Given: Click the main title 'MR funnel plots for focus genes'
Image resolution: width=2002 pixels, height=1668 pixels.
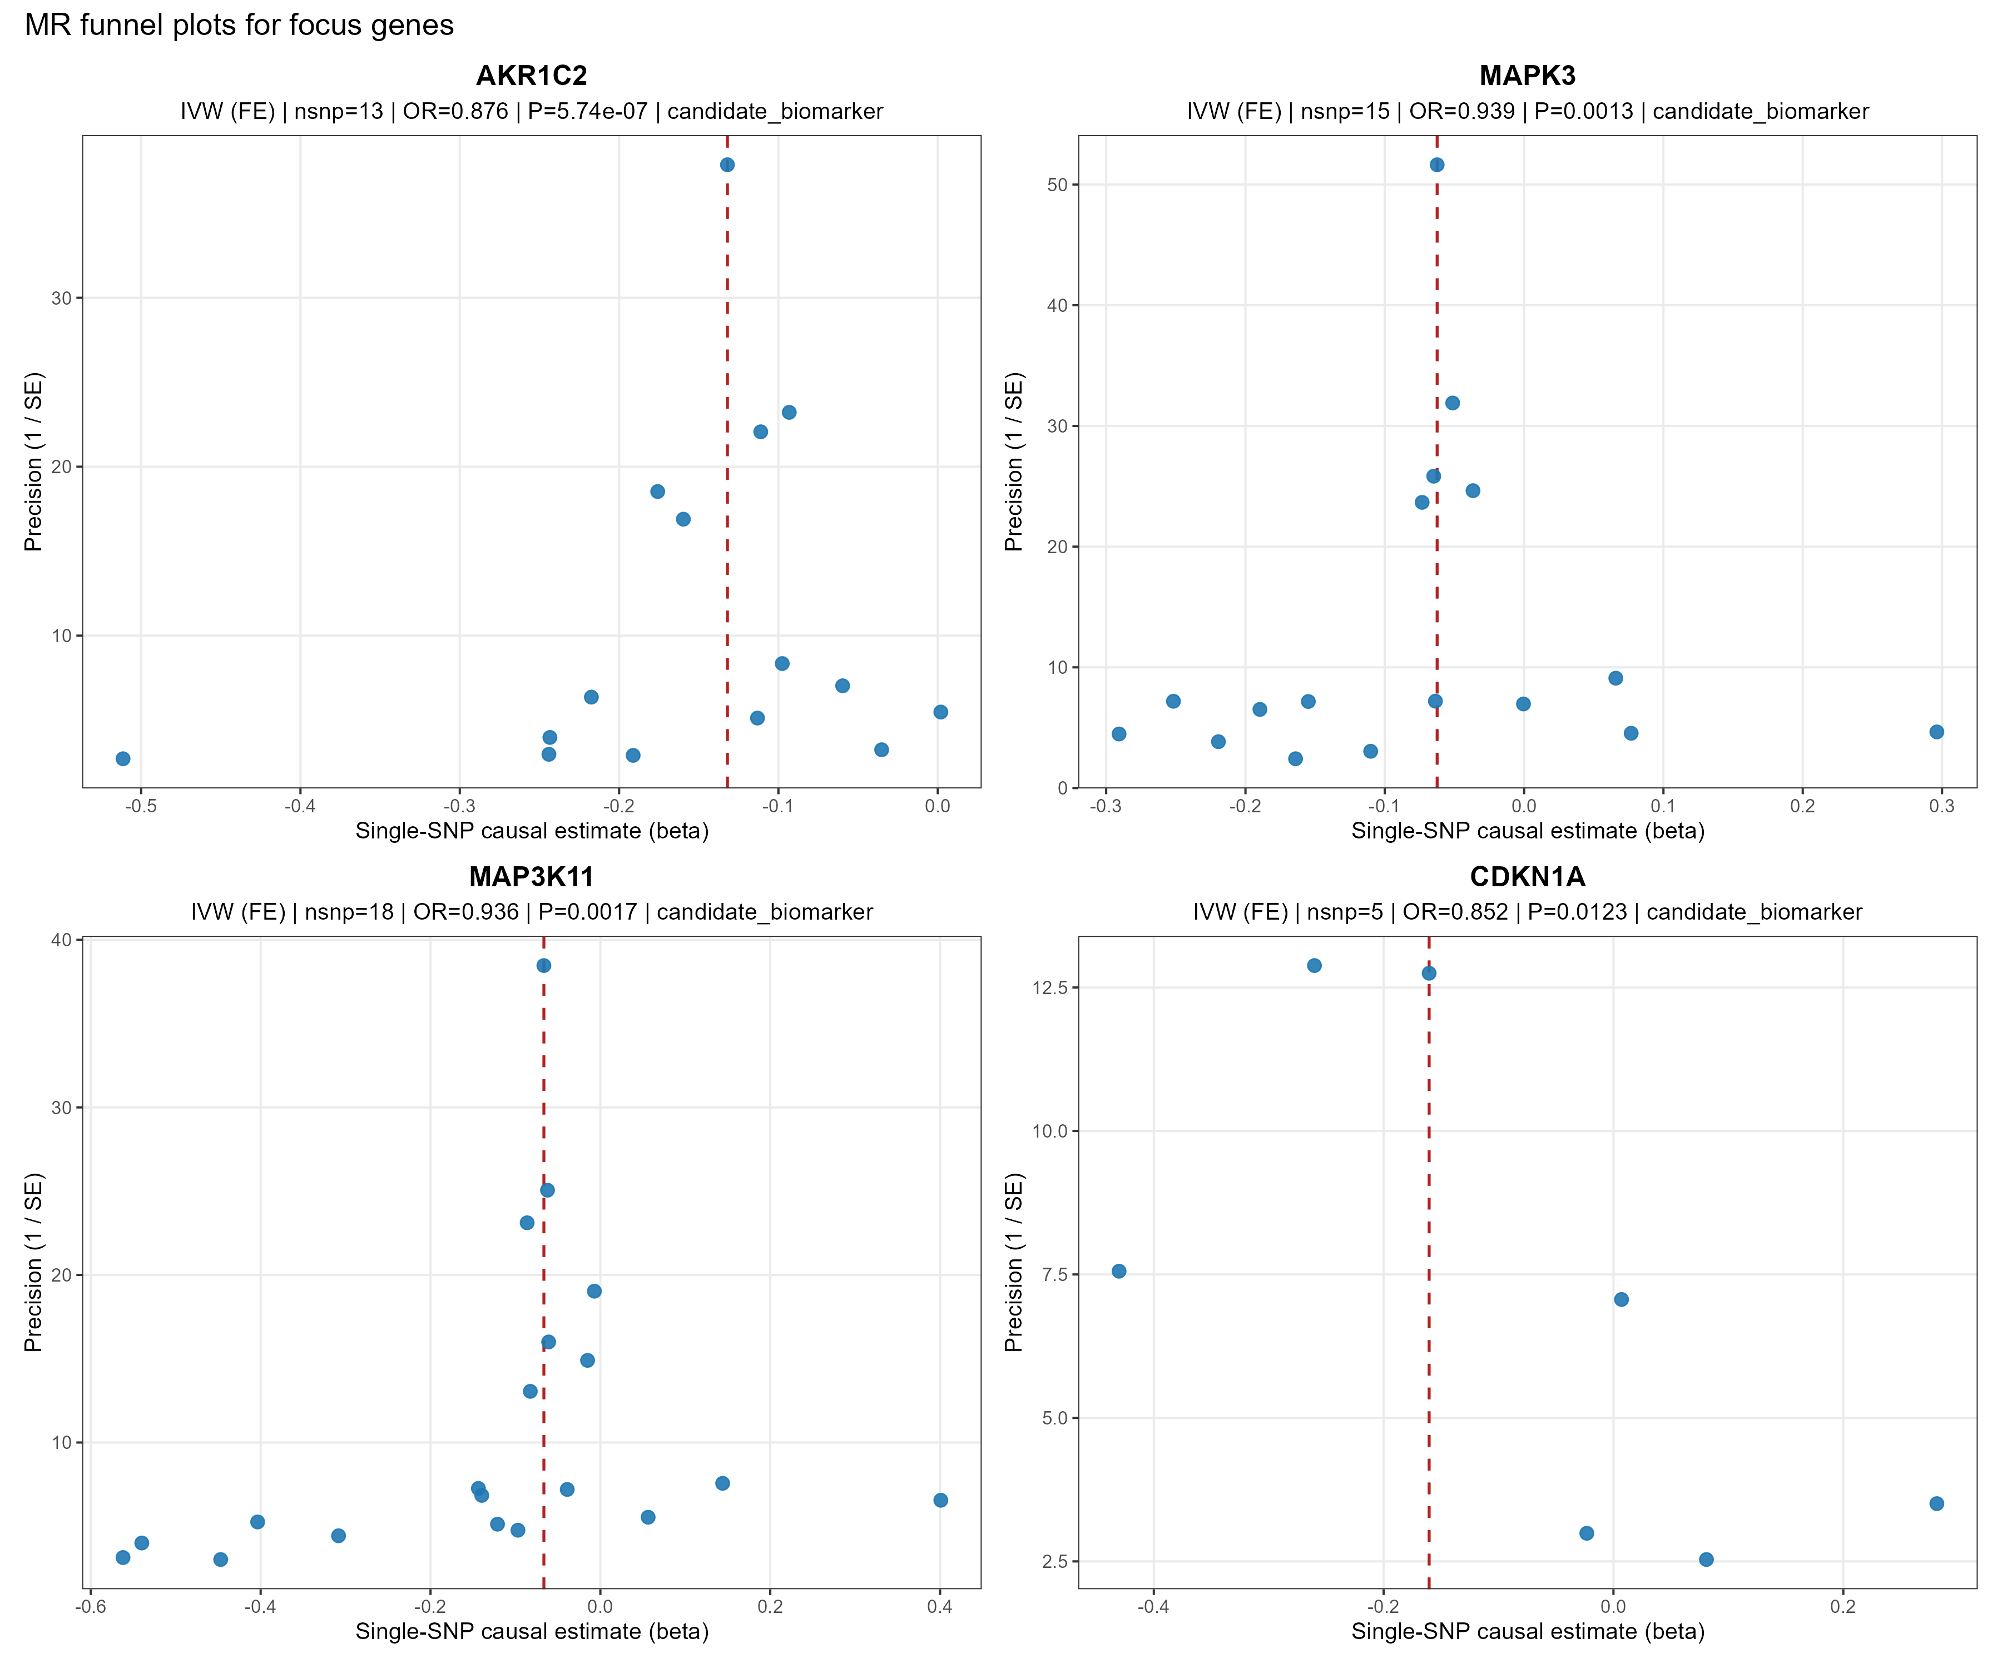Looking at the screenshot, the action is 239,25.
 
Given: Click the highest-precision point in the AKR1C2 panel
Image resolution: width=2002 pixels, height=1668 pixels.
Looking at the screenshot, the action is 727,165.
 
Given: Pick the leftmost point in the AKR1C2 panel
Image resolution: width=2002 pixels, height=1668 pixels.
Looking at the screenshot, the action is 123,759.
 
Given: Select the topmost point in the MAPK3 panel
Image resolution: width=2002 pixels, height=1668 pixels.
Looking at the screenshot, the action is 1436,165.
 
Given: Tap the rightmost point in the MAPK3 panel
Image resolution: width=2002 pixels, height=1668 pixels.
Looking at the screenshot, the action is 1936,732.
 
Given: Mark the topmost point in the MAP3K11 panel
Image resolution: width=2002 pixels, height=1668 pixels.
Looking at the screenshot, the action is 543,966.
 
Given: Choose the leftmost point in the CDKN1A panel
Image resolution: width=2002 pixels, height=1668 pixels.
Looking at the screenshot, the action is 1119,1272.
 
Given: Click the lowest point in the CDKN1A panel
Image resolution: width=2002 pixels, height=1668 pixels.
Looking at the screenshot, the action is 1707,1560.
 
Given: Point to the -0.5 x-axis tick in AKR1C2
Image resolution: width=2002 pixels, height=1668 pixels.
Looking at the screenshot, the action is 141,806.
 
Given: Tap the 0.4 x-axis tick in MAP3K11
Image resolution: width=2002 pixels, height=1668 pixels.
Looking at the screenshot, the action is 940,1607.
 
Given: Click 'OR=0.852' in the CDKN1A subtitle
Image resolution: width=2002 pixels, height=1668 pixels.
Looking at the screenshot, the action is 1456,912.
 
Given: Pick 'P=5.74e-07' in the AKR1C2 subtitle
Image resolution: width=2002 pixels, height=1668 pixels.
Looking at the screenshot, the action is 587,112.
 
